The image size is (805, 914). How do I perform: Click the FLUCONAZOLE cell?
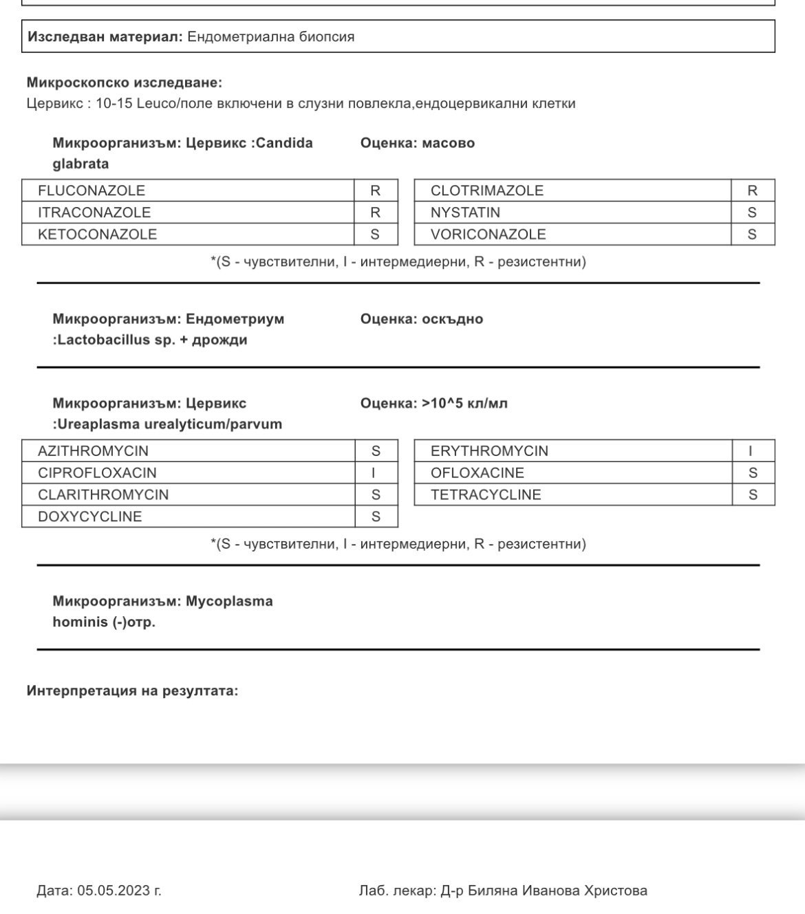(x=92, y=191)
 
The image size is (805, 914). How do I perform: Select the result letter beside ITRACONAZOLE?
(x=375, y=213)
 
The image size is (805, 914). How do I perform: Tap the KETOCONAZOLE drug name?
(x=97, y=235)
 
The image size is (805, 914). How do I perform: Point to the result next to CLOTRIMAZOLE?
(x=752, y=191)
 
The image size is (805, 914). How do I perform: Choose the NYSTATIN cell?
(x=465, y=213)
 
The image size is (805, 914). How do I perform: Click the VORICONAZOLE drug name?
(x=488, y=235)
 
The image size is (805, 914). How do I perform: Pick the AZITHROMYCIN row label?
(x=93, y=451)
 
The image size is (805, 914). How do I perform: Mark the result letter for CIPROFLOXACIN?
(x=374, y=473)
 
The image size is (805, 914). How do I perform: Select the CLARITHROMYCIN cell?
(x=103, y=495)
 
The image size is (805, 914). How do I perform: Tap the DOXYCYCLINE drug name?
(x=89, y=517)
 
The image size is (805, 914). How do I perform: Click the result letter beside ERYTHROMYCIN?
(x=751, y=451)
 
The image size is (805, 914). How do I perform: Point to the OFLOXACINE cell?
(x=477, y=473)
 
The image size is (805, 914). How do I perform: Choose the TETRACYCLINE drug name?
(x=486, y=495)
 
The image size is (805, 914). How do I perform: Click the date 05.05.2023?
(x=114, y=891)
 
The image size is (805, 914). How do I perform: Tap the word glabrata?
(x=80, y=164)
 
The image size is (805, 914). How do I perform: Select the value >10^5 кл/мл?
(x=464, y=403)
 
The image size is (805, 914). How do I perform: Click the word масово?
(x=448, y=143)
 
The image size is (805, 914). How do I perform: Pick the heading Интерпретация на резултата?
(x=132, y=690)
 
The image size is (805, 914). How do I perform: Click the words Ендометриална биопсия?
(x=270, y=36)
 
